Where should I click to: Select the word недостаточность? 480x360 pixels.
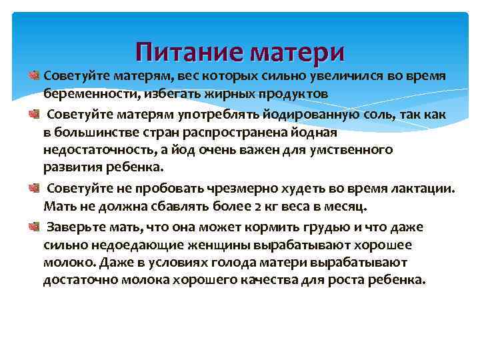93,150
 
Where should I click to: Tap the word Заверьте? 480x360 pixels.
75,227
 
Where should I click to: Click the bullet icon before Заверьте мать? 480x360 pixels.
35,227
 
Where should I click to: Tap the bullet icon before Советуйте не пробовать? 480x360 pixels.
35,189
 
